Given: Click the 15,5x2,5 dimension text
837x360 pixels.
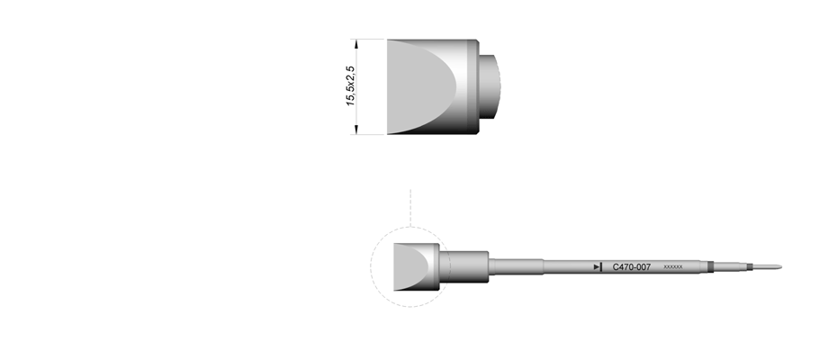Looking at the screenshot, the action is click(350, 86).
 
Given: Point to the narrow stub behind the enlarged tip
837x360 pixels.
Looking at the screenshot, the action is click(490, 86).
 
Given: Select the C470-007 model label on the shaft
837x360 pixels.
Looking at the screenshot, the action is click(632, 267).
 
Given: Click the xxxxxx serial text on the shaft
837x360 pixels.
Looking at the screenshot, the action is click(673, 267).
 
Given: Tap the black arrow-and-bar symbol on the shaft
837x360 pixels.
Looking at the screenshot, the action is click(598, 267).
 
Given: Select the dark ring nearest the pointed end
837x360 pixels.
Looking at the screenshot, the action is click(749, 267).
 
